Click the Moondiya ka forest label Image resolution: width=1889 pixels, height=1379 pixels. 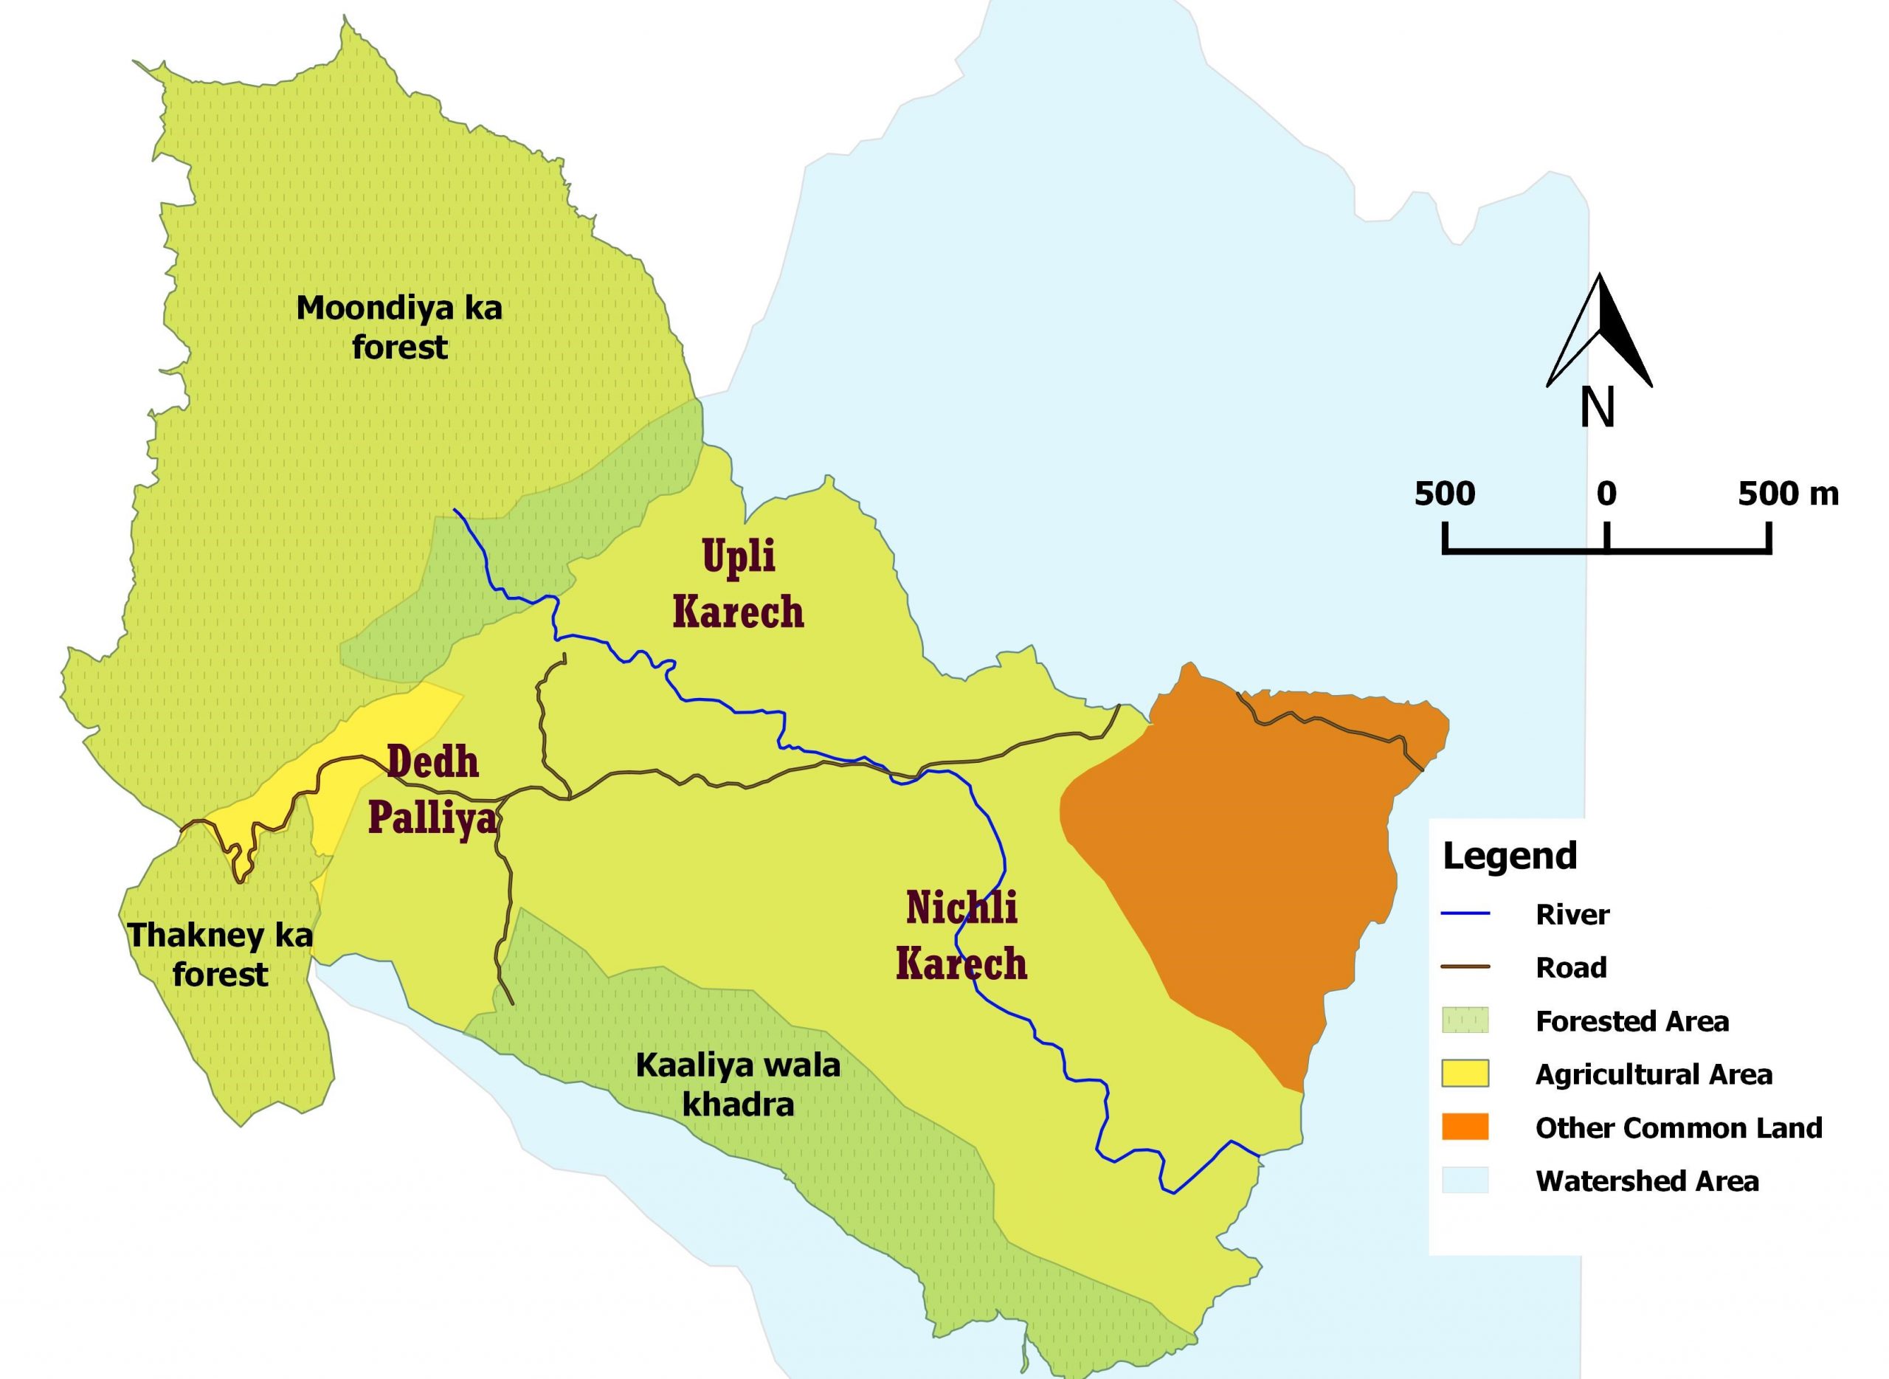click(x=399, y=327)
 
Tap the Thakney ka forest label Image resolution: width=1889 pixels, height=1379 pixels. click(x=220, y=954)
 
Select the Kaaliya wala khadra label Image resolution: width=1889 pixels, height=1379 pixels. click(x=738, y=1085)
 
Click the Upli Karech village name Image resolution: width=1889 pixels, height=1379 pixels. click(x=738, y=584)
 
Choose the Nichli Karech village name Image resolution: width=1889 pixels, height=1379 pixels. click(x=961, y=936)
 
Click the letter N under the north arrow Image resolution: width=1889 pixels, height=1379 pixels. click(x=1597, y=408)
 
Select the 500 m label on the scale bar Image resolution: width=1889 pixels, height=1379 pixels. click(x=1788, y=494)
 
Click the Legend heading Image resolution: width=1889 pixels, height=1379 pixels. click(x=1509, y=857)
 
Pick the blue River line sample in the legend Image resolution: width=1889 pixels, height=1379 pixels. click(x=1465, y=914)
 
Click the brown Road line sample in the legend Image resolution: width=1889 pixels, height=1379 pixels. click(x=1465, y=967)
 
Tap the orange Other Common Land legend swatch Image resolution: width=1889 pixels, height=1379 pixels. click(x=1465, y=1127)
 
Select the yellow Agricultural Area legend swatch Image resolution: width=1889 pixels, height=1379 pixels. click(x=1465, y=1074)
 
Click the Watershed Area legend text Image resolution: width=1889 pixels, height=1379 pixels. click(x=1646, y=1181)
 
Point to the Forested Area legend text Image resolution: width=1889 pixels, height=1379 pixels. click(x=1631, y=1021)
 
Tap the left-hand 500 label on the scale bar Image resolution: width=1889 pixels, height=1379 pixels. click(x=1444, y=494)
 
